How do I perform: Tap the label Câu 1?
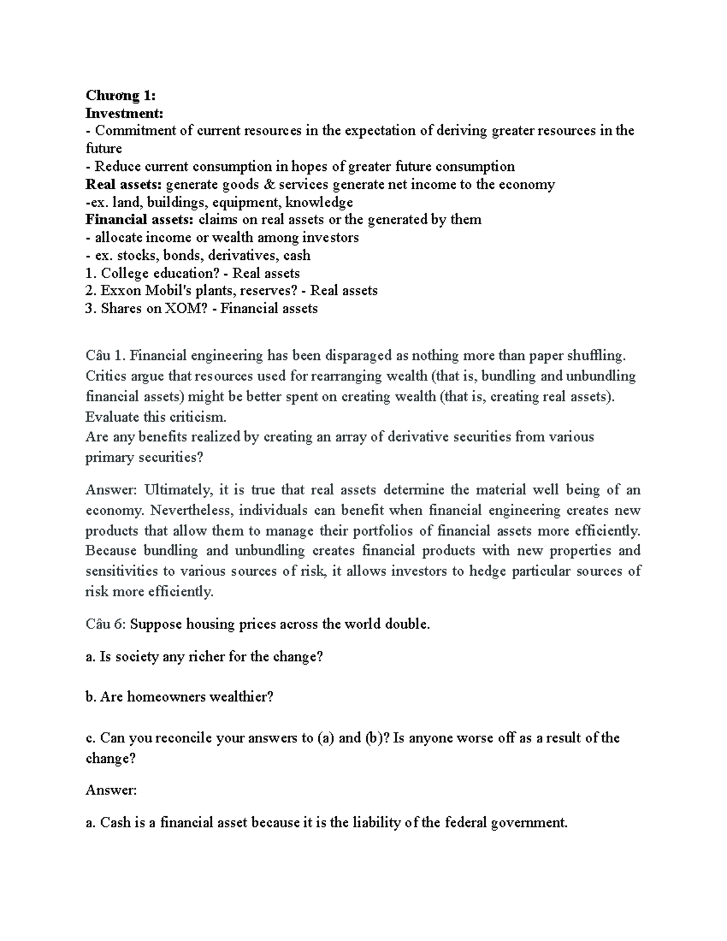click(105, 355)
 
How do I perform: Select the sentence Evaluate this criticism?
click(156, 417)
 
